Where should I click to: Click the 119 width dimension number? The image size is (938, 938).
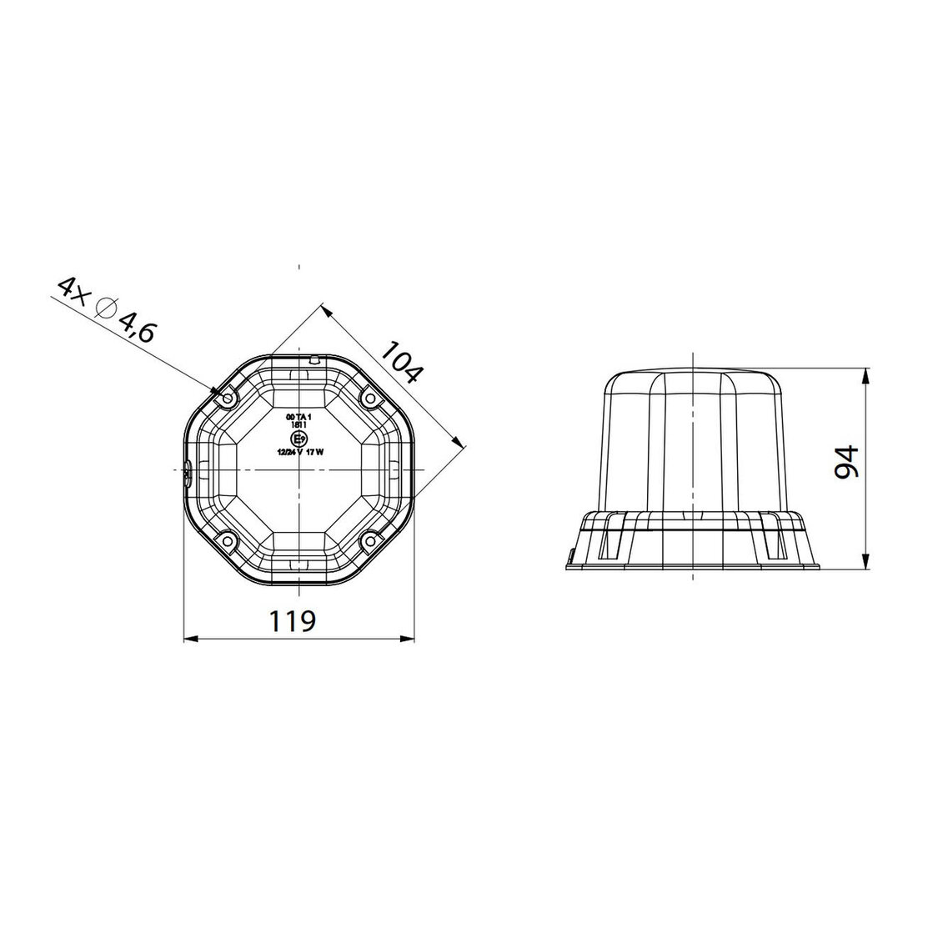point(292,621)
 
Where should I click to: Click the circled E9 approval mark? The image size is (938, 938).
point(298,439)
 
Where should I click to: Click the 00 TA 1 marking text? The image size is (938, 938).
point(298,416)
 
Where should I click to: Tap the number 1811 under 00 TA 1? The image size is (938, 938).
point(298,424)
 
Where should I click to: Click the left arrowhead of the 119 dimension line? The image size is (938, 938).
point(188,640)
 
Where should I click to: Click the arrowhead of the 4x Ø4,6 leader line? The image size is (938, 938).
point(215,389)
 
